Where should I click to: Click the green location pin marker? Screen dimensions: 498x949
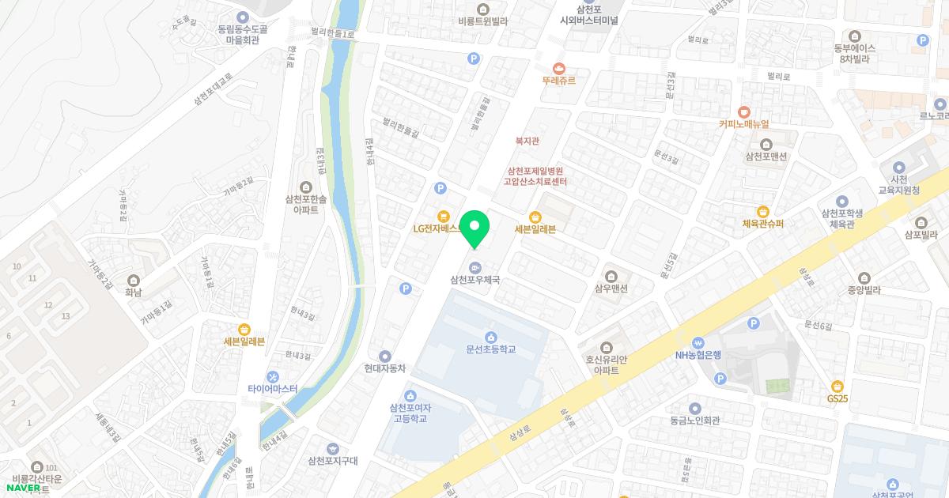pos(475,229)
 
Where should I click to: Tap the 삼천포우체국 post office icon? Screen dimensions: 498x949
pos(475,266)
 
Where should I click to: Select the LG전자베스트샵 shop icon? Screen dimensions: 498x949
pos(444,216)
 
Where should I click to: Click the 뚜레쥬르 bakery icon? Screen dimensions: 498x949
pos(560,67)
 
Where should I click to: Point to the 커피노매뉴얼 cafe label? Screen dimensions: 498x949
pos(743,124)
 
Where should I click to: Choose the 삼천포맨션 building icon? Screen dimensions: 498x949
pos(766,143)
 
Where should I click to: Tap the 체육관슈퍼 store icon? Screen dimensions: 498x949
pos(763,211)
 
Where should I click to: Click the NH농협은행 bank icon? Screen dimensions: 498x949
pos(698,341)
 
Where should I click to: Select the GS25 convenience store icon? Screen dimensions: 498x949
pos(837,386)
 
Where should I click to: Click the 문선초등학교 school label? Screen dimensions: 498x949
pos(490,349)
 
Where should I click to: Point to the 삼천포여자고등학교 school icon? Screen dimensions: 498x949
pos(410,395)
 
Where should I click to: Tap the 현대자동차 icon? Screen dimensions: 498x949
pos(385,356)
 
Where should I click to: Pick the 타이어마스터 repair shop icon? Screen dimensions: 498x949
pos(273,376)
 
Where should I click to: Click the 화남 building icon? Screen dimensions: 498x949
pos(132,280)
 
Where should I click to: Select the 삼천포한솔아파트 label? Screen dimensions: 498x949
pos(305,205)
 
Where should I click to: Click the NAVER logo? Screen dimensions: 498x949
pos(23,487)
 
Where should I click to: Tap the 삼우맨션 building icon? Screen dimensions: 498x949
pos(611,276)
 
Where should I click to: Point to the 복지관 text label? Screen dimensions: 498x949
pos(527,141)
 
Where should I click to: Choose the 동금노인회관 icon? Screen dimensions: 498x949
pos(694,409)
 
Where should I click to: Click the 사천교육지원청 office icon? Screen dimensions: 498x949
pos(898,167)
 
